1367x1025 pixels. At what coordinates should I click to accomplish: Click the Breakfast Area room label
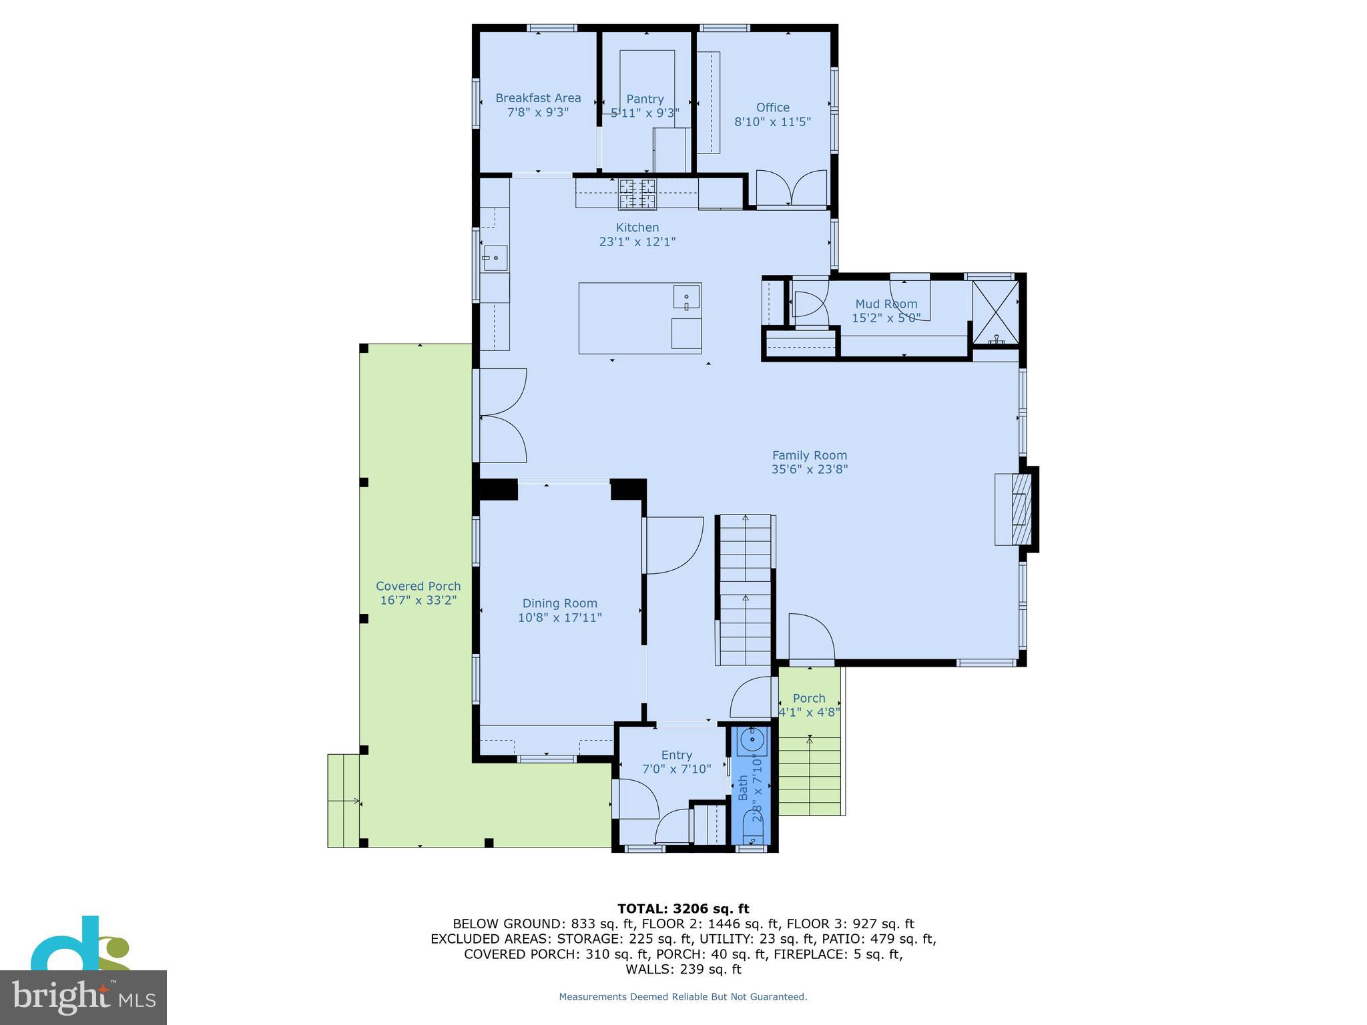point(538,98)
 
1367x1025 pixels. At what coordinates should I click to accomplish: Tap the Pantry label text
point(645,99)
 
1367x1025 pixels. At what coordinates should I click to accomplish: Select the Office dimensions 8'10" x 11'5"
point(772,122)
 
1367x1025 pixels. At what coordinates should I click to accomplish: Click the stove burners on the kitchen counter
point(637,194)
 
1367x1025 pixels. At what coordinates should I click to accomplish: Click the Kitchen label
point(637,228)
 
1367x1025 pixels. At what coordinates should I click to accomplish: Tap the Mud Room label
point(886,304)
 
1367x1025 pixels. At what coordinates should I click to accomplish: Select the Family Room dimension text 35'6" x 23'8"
point(809,469)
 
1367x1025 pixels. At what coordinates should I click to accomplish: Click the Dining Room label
point(559,603)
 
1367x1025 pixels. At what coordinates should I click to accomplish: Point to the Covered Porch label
point(418,586)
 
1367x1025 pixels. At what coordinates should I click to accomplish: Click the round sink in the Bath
point(753,739)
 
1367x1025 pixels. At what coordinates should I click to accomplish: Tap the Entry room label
point(676,755)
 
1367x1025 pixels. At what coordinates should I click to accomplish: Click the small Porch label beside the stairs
point(809,698)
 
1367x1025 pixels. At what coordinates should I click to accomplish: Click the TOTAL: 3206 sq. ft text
point(683,908)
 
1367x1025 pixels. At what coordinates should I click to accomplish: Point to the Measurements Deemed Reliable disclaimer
point(683,996)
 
